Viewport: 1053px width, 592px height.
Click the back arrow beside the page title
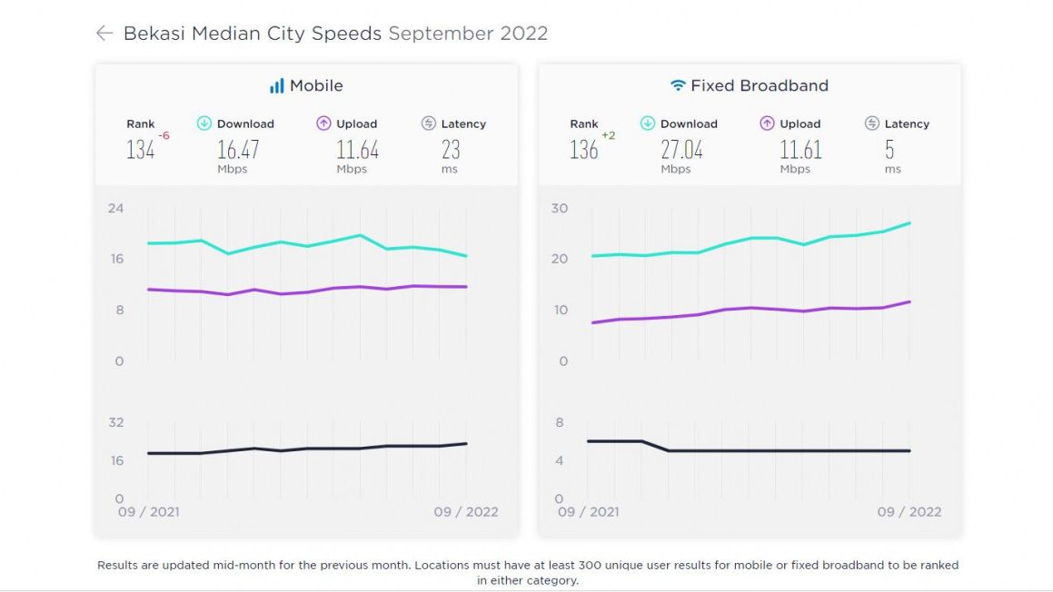(104, 34)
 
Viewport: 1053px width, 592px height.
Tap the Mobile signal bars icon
(276, 86)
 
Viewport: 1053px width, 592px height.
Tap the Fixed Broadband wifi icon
(678, 86)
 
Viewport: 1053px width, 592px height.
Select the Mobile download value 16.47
(238, 150)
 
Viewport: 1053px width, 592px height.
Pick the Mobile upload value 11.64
(357, 150)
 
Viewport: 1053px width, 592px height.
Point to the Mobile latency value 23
(451, 150)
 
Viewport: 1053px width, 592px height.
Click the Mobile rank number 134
(140, 151)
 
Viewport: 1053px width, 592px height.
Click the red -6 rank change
(164, 135)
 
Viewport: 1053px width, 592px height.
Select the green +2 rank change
(609, 135)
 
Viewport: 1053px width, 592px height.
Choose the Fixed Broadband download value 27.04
(681, 150)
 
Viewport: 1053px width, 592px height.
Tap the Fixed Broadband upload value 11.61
(800, 150)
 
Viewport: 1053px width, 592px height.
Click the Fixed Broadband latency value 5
(889, 150)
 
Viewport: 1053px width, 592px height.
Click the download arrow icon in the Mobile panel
(204, 123)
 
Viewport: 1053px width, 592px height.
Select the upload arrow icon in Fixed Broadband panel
(767, 123)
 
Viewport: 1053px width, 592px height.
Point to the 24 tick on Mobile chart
(115, 208)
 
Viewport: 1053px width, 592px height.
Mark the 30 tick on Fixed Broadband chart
(559, 208)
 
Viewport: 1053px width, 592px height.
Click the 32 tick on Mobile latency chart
(115, 422)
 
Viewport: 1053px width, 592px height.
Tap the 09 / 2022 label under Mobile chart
(466, 512)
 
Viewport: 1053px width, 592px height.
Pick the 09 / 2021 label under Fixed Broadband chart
(588, 512)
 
